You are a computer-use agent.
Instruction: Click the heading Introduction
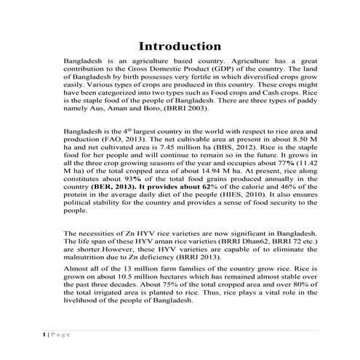(x=180, y=46)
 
